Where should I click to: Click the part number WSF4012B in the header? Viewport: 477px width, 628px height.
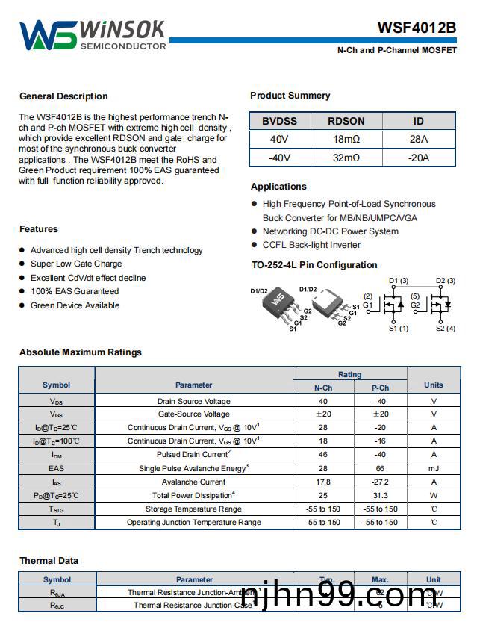[x=417, y=28]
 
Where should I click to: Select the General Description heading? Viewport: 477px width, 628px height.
[x=63, y=96]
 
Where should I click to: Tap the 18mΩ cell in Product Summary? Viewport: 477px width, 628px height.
[x=346, y=139]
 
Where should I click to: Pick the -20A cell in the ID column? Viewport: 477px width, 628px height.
[x=418, y=158]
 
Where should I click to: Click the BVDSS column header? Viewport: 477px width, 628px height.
[x=278, y=121]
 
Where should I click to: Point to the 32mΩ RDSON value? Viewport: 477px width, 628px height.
[x=346, y=158]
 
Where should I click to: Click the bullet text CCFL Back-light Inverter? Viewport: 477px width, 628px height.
[x=311, y=245]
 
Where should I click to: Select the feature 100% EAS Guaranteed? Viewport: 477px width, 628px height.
[x=74, y=291]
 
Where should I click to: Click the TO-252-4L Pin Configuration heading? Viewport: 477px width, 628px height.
[x=314, y=265]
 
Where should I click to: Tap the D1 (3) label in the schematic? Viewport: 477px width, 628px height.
[x=399, y=281]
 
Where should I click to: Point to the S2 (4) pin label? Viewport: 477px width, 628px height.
[x=446, y=329]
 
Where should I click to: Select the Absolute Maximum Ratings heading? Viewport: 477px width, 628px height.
[x=80, y=352]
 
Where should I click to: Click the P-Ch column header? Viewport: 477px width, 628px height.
[x=380, y=388]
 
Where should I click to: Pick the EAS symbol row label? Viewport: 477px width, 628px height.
[x=57, y=468]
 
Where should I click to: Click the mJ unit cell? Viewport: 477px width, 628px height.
[x=433, y=468]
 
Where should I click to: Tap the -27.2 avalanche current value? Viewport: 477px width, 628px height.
[x=380, y=482]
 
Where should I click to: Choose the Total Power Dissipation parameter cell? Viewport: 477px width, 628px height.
[x=193, y=495]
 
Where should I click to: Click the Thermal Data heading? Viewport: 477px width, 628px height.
[x=49, y=561]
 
